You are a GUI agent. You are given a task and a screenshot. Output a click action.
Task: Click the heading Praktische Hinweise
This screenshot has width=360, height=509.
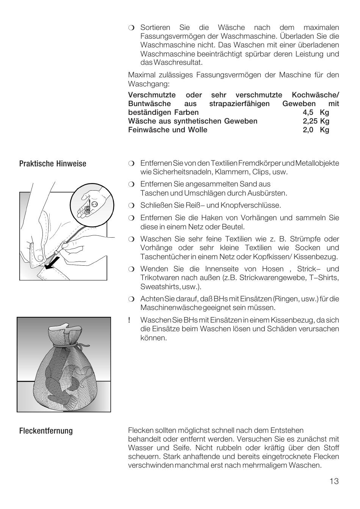[x=53, y=164]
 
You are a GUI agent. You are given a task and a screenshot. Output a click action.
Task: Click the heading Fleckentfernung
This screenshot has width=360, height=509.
[x=46, y=431]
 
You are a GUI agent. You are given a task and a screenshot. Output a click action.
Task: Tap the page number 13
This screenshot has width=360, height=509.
[x=334, y=481]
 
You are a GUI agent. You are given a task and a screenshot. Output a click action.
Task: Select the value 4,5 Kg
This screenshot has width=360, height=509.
[x=316, y=113]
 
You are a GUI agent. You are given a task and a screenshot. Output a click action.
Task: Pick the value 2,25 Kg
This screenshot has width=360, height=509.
[x=316, y=121]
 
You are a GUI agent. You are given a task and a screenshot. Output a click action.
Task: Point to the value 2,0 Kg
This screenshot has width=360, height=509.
[x=316, y=130]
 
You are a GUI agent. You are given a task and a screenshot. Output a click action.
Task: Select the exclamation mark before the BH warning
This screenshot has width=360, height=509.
[x=129, y=320]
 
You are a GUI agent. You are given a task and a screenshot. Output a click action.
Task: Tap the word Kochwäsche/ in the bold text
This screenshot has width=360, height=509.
[x=315, y=95]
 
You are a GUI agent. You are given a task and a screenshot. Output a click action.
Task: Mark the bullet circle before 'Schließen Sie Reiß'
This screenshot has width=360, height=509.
[x=131, y=206]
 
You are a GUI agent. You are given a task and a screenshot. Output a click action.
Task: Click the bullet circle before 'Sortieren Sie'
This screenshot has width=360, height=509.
[x=131, y=28]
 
